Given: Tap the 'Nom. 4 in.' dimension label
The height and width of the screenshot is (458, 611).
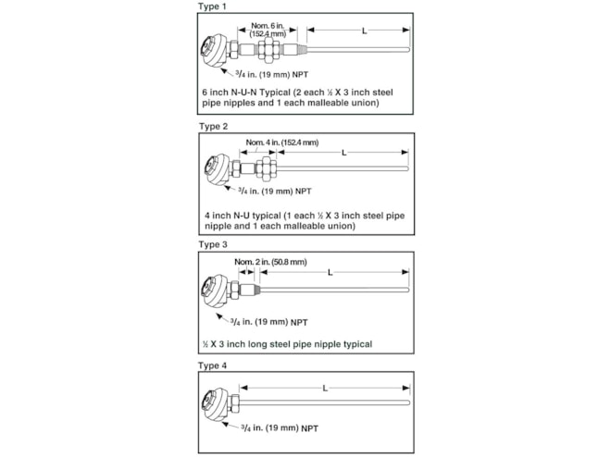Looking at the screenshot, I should [281, 142].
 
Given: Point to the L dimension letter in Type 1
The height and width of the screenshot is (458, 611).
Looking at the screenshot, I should [364, 31].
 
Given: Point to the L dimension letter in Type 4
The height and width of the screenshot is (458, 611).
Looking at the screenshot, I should [324, 388].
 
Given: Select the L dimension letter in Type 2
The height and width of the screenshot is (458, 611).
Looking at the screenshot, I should [343, 152].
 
